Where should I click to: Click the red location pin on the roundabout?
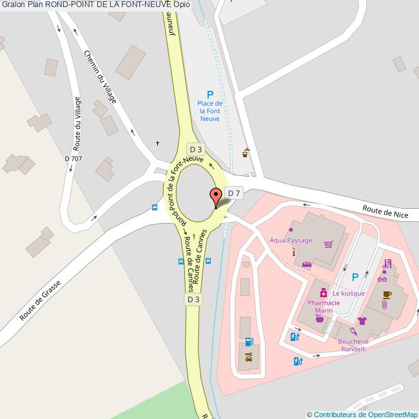(217, 196)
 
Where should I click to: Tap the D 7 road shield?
(234, 193)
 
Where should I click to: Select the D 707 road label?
(73, 159)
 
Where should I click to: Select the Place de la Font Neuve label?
(210, 111)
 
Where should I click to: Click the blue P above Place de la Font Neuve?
(210, 95)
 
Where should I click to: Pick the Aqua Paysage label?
(291, 240)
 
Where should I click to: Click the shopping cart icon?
(329, 244)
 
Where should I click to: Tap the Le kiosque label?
(349, 293)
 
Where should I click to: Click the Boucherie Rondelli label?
(353, 346)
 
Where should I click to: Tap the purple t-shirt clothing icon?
(362, 320)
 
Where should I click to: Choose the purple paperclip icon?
(385, 305)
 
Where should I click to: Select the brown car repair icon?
(249, 355)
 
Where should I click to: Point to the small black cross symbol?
(158, 143)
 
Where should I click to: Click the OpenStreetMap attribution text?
(362, 414)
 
